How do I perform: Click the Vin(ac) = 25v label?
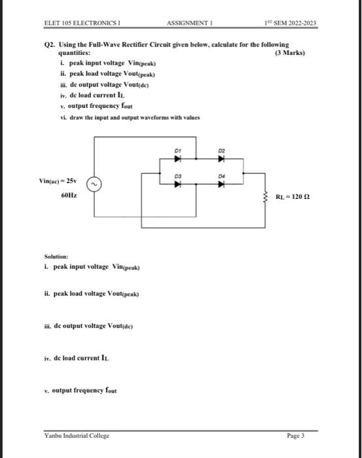pyautogui.click(x=60, y=180)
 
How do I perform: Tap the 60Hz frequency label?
pyautogui.click(x=67, y=195)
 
